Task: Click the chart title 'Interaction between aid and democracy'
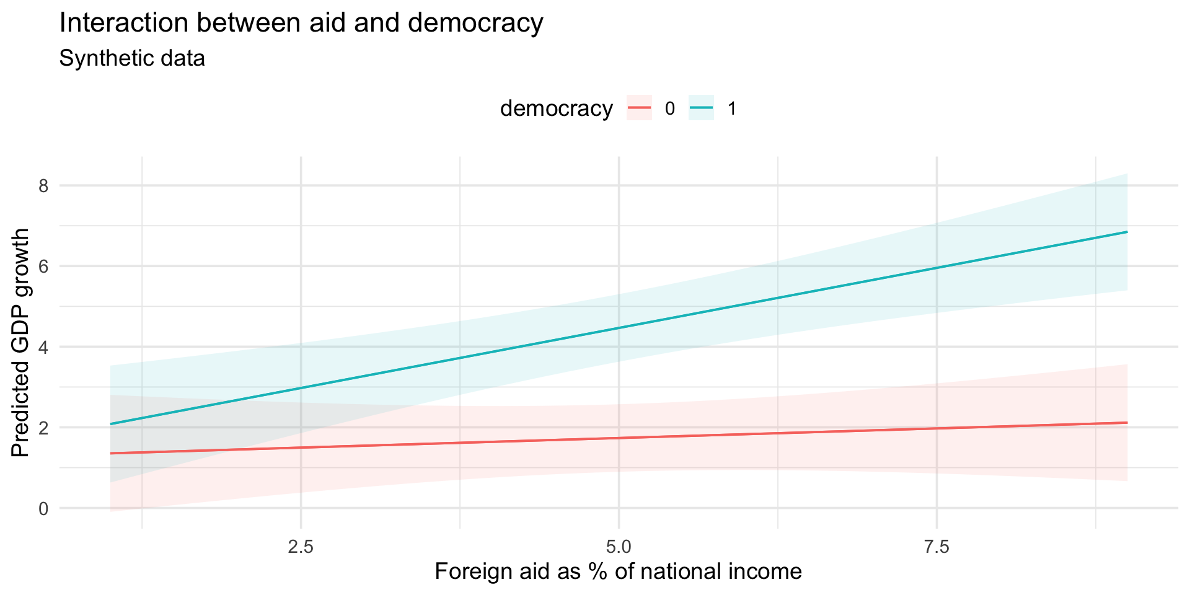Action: [301, 24]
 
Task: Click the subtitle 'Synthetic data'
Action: [131, 59]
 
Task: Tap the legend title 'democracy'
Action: [556, 109]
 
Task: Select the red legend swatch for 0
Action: [639, 109]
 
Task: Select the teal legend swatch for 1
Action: [701, 109]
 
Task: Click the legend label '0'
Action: [669, 109]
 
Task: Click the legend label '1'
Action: [732, 109]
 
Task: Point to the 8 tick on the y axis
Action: [43, 185]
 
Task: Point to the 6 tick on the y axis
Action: [43, 266]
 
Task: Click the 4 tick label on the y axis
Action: [43, 347]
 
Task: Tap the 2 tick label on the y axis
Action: [43, 428]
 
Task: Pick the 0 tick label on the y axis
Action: [43, 508]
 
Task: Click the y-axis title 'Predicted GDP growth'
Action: [20, 343]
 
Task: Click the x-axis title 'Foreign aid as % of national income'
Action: [618, 571]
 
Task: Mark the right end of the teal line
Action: [1126, 232]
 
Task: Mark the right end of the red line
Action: [1126, 423]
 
